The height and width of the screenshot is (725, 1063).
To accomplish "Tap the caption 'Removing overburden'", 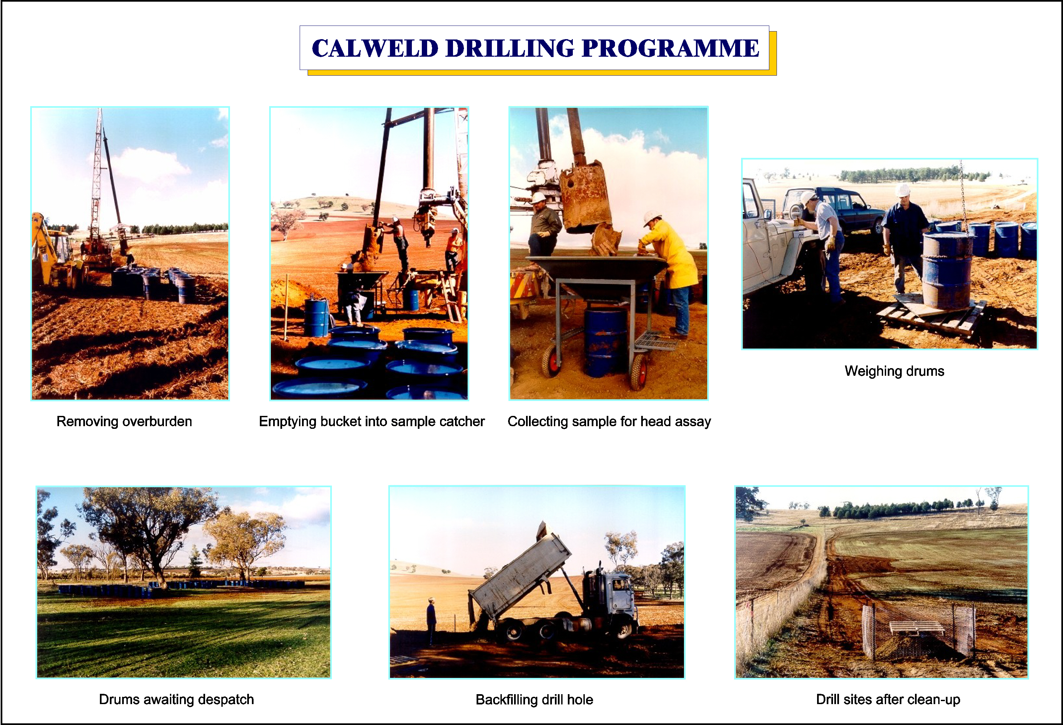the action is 124,422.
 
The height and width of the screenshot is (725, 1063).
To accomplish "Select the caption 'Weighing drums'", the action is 894,371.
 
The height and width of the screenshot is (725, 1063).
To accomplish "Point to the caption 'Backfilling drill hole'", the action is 534,699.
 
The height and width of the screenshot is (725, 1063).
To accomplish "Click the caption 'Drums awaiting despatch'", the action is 176,699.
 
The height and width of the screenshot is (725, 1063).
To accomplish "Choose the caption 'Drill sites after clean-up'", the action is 888,699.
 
